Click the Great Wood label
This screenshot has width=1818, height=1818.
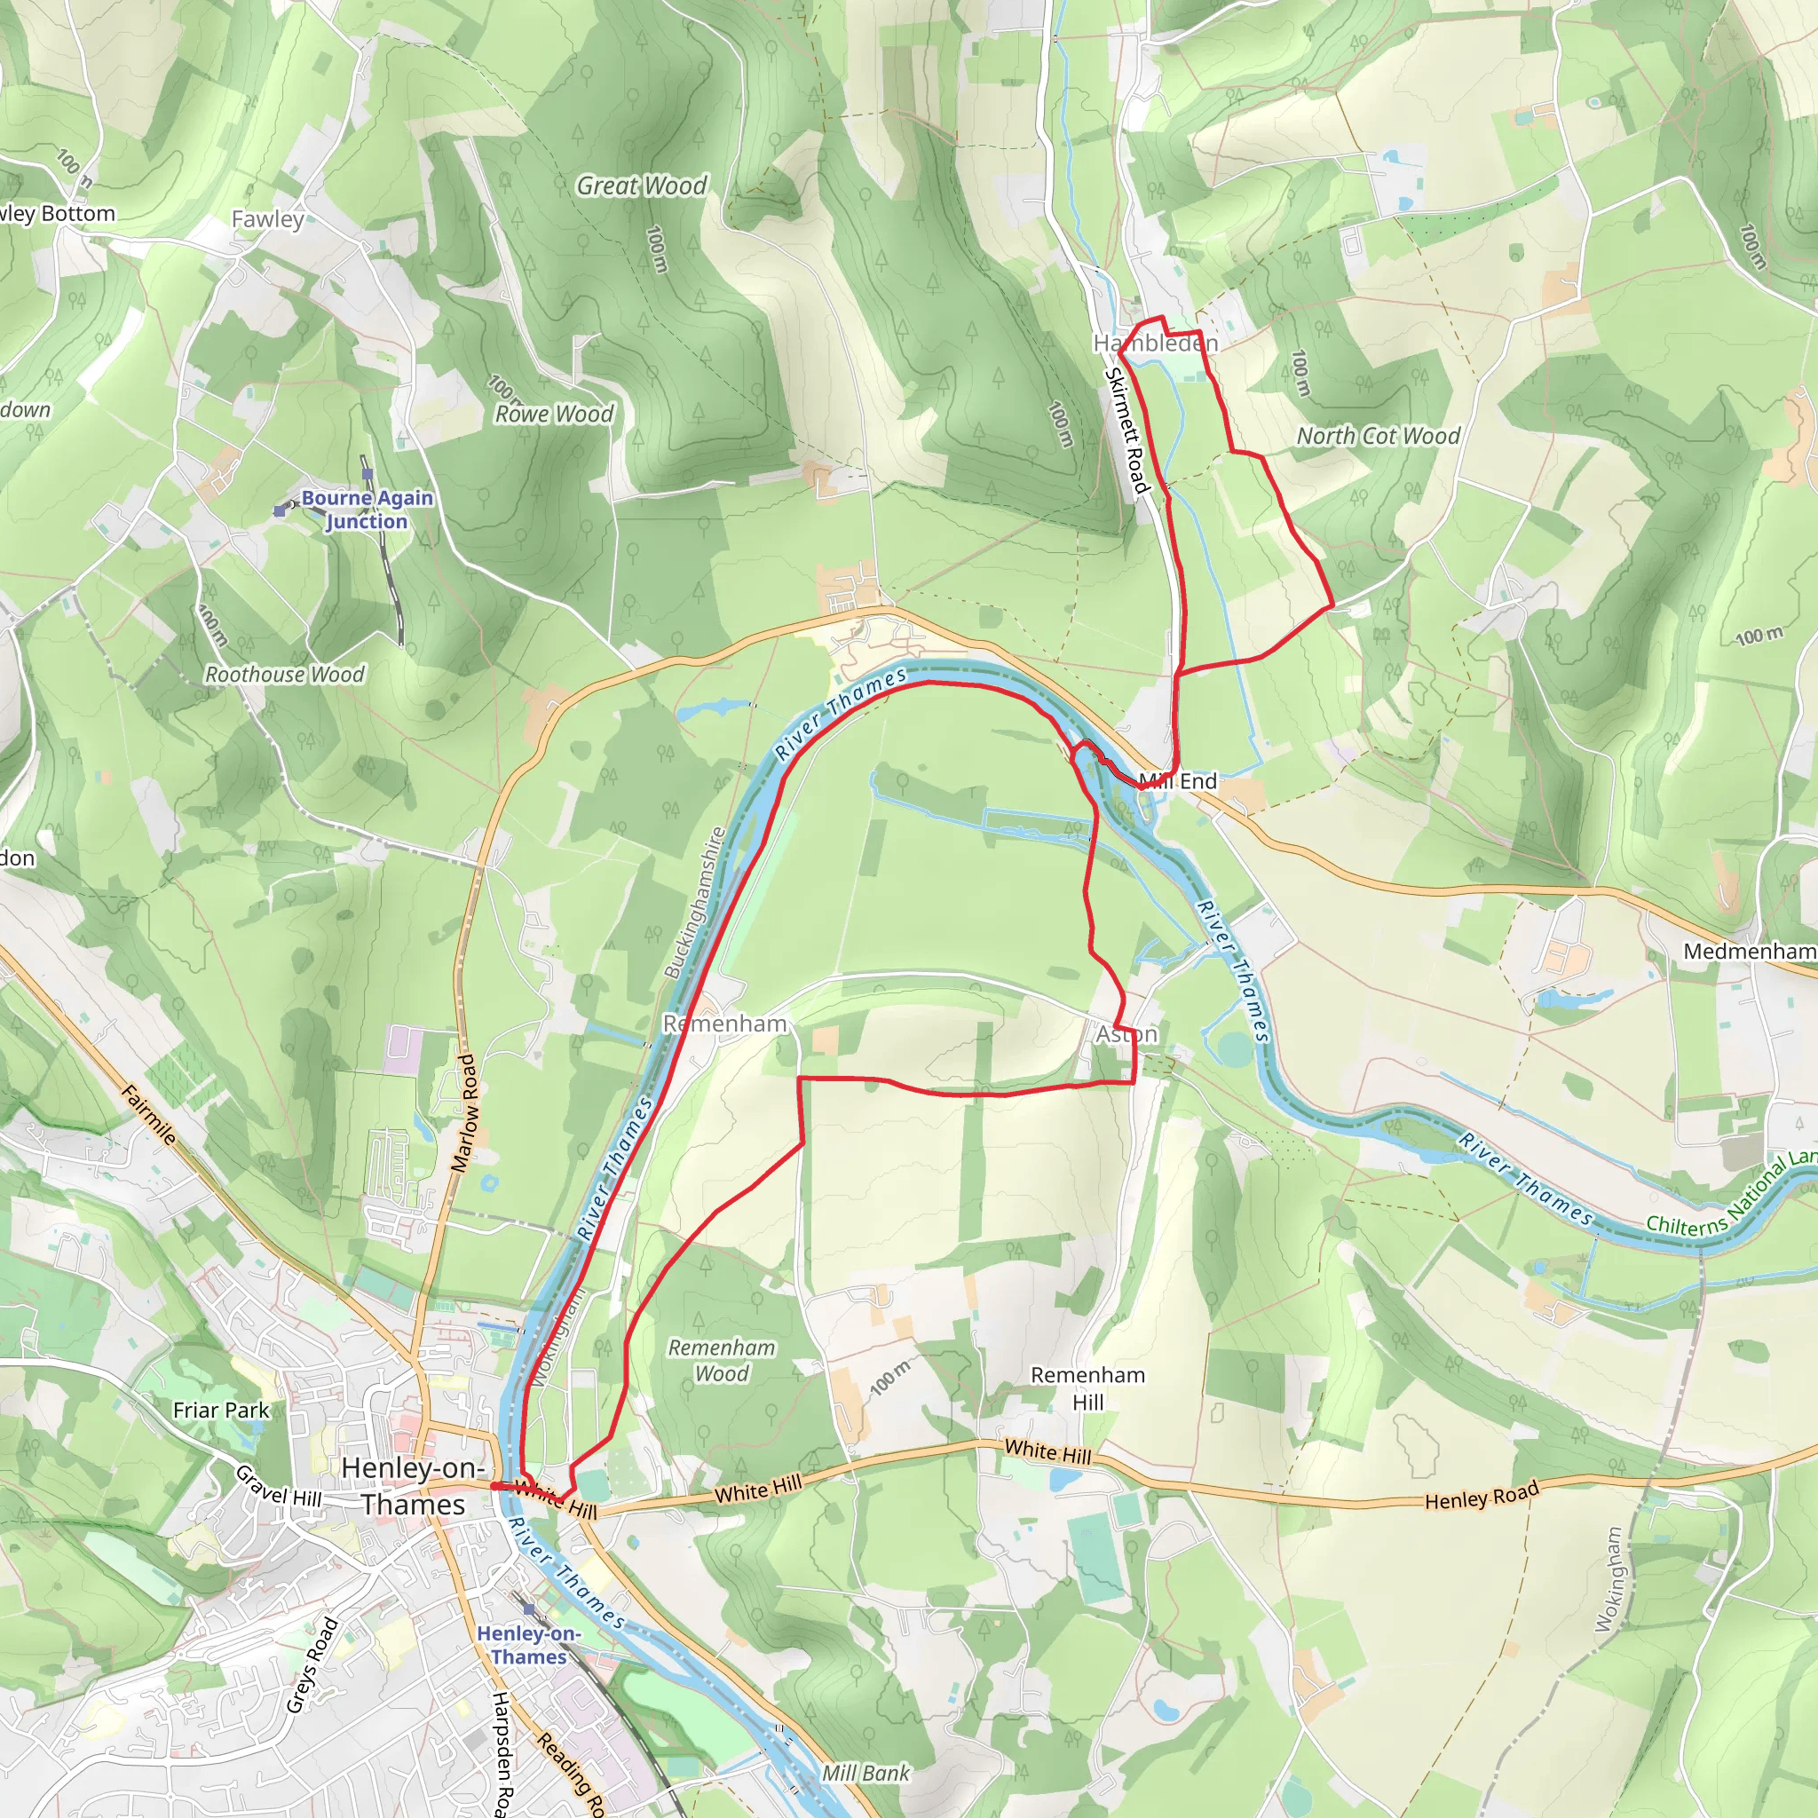tap(641, 186)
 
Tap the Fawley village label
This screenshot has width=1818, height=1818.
tap(268, 219)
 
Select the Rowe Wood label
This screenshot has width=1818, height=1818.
tap(554, 414)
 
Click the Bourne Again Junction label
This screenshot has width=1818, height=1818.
tap(367, 509)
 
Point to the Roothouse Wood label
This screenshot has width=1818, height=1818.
tap(284, 675)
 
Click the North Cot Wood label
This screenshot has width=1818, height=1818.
tap(1378, 436)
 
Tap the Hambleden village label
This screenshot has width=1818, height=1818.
tap(1155, 344)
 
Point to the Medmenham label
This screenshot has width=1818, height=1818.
tap(1750, 952)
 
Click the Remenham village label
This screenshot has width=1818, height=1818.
tap(724, 1024)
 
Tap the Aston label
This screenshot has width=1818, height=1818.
tap(1126, 1034)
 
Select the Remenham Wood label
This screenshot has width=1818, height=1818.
tap(722, 1361)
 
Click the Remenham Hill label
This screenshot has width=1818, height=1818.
tap(1087, 1388)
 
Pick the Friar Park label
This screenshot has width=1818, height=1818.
tap(221, 1410)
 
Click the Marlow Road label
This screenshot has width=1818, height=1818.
tap(465, 1112)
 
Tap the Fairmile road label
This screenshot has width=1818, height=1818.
tap(148, 1114)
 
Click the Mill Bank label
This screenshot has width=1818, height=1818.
tap(865, 1774)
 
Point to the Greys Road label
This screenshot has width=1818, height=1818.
tap(312, 1664)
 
